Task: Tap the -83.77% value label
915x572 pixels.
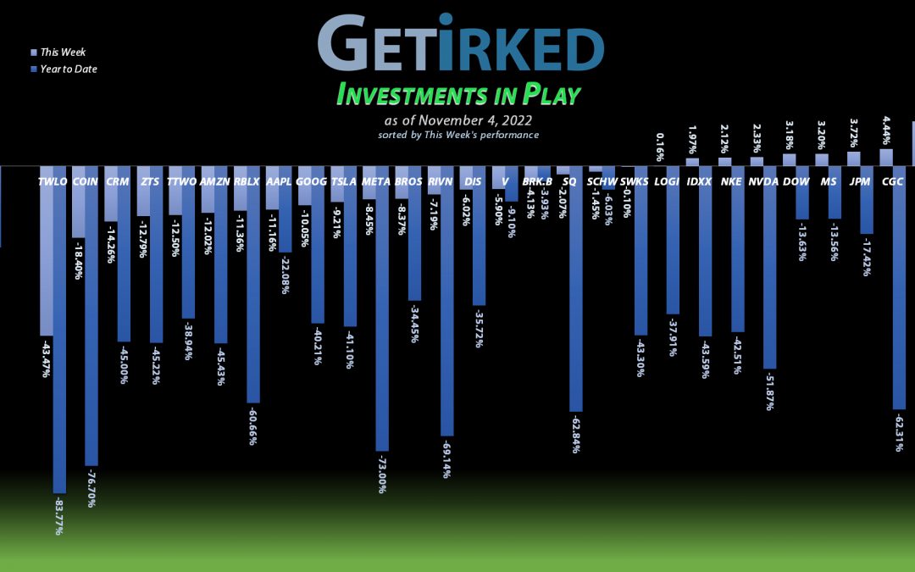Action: point(58,514)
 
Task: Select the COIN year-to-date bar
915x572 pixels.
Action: point(91,322)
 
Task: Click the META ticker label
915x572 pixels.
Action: point(375,181)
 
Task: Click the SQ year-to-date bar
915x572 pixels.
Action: point(576,297)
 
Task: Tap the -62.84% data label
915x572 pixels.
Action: point(576,432)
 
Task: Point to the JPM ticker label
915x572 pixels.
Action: point(860,181)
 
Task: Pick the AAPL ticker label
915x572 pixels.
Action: point(279,181)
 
